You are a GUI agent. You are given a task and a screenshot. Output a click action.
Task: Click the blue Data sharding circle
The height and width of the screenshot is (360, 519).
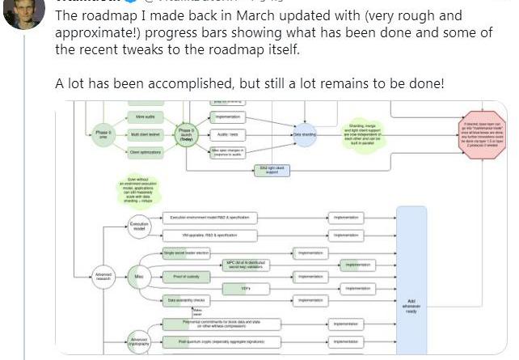(x=305, y=134)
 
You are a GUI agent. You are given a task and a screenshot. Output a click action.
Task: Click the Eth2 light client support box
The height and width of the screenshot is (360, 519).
(x=270, y=168)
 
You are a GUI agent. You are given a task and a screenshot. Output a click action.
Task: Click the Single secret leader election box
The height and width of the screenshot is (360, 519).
(x=187, y=253)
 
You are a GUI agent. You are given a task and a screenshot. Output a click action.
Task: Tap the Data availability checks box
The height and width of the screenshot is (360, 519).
(x=187, y=301)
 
